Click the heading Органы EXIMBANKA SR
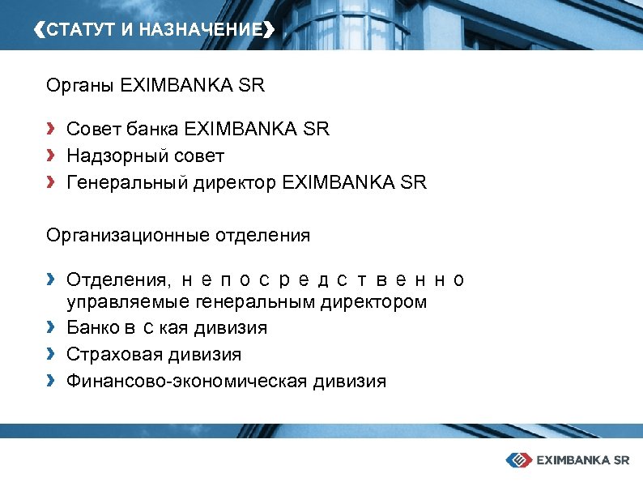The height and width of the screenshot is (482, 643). pyautogui.click(x=155, y=85)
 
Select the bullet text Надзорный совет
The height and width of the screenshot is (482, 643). pyautogui.click(x=145, y=156)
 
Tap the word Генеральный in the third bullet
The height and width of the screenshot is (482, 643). pyautogui.click(x=127, y=183)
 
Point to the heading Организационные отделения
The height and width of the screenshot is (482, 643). pyautogui.click(x=177, y=236)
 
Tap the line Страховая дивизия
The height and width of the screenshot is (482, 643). pyautogui.click(x=153, y=355)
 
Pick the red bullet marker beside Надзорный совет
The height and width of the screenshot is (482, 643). pyautogui.click(x=51, y=155)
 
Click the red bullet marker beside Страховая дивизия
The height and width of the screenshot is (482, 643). pyautogui.click(x=51, y=354)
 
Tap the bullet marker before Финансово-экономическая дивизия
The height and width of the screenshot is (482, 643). pyautogui.click(x=51, y=380)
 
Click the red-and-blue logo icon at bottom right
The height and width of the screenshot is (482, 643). pyautogui.click(x=517, y=459)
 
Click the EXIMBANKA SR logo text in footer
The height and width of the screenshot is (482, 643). pyautogui.click(x=581, y=459)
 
